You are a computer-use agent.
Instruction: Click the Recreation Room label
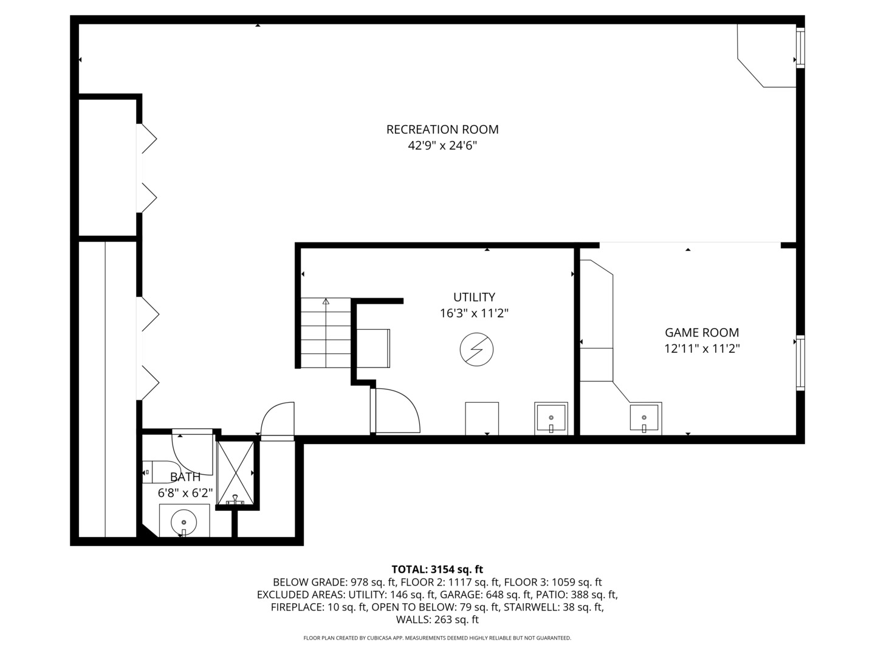click(442, 129)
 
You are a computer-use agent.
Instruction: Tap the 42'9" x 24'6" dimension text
click(442, 146)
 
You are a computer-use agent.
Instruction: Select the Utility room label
click(474, 297)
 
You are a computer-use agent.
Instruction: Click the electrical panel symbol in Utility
click(476, 349)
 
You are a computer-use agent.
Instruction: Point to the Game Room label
click(702, 332)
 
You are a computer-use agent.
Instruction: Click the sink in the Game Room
click(645, 419)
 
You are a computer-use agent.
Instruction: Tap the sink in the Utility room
click(551, 419)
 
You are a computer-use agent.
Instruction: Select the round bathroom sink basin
click(184, 522)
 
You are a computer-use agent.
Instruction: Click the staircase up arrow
click(326, 302)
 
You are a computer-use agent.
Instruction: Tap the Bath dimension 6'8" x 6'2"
click(185, 493)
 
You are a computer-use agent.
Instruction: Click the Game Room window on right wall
click(800, 363)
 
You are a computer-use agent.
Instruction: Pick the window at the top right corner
click(800, 48)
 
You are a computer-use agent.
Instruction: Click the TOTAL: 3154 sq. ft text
click(437, 569)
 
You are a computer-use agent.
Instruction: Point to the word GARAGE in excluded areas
click(458, 595)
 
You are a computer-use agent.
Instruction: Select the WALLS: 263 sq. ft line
click(437, 620)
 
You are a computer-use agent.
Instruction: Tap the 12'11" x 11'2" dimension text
click(702, 349)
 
